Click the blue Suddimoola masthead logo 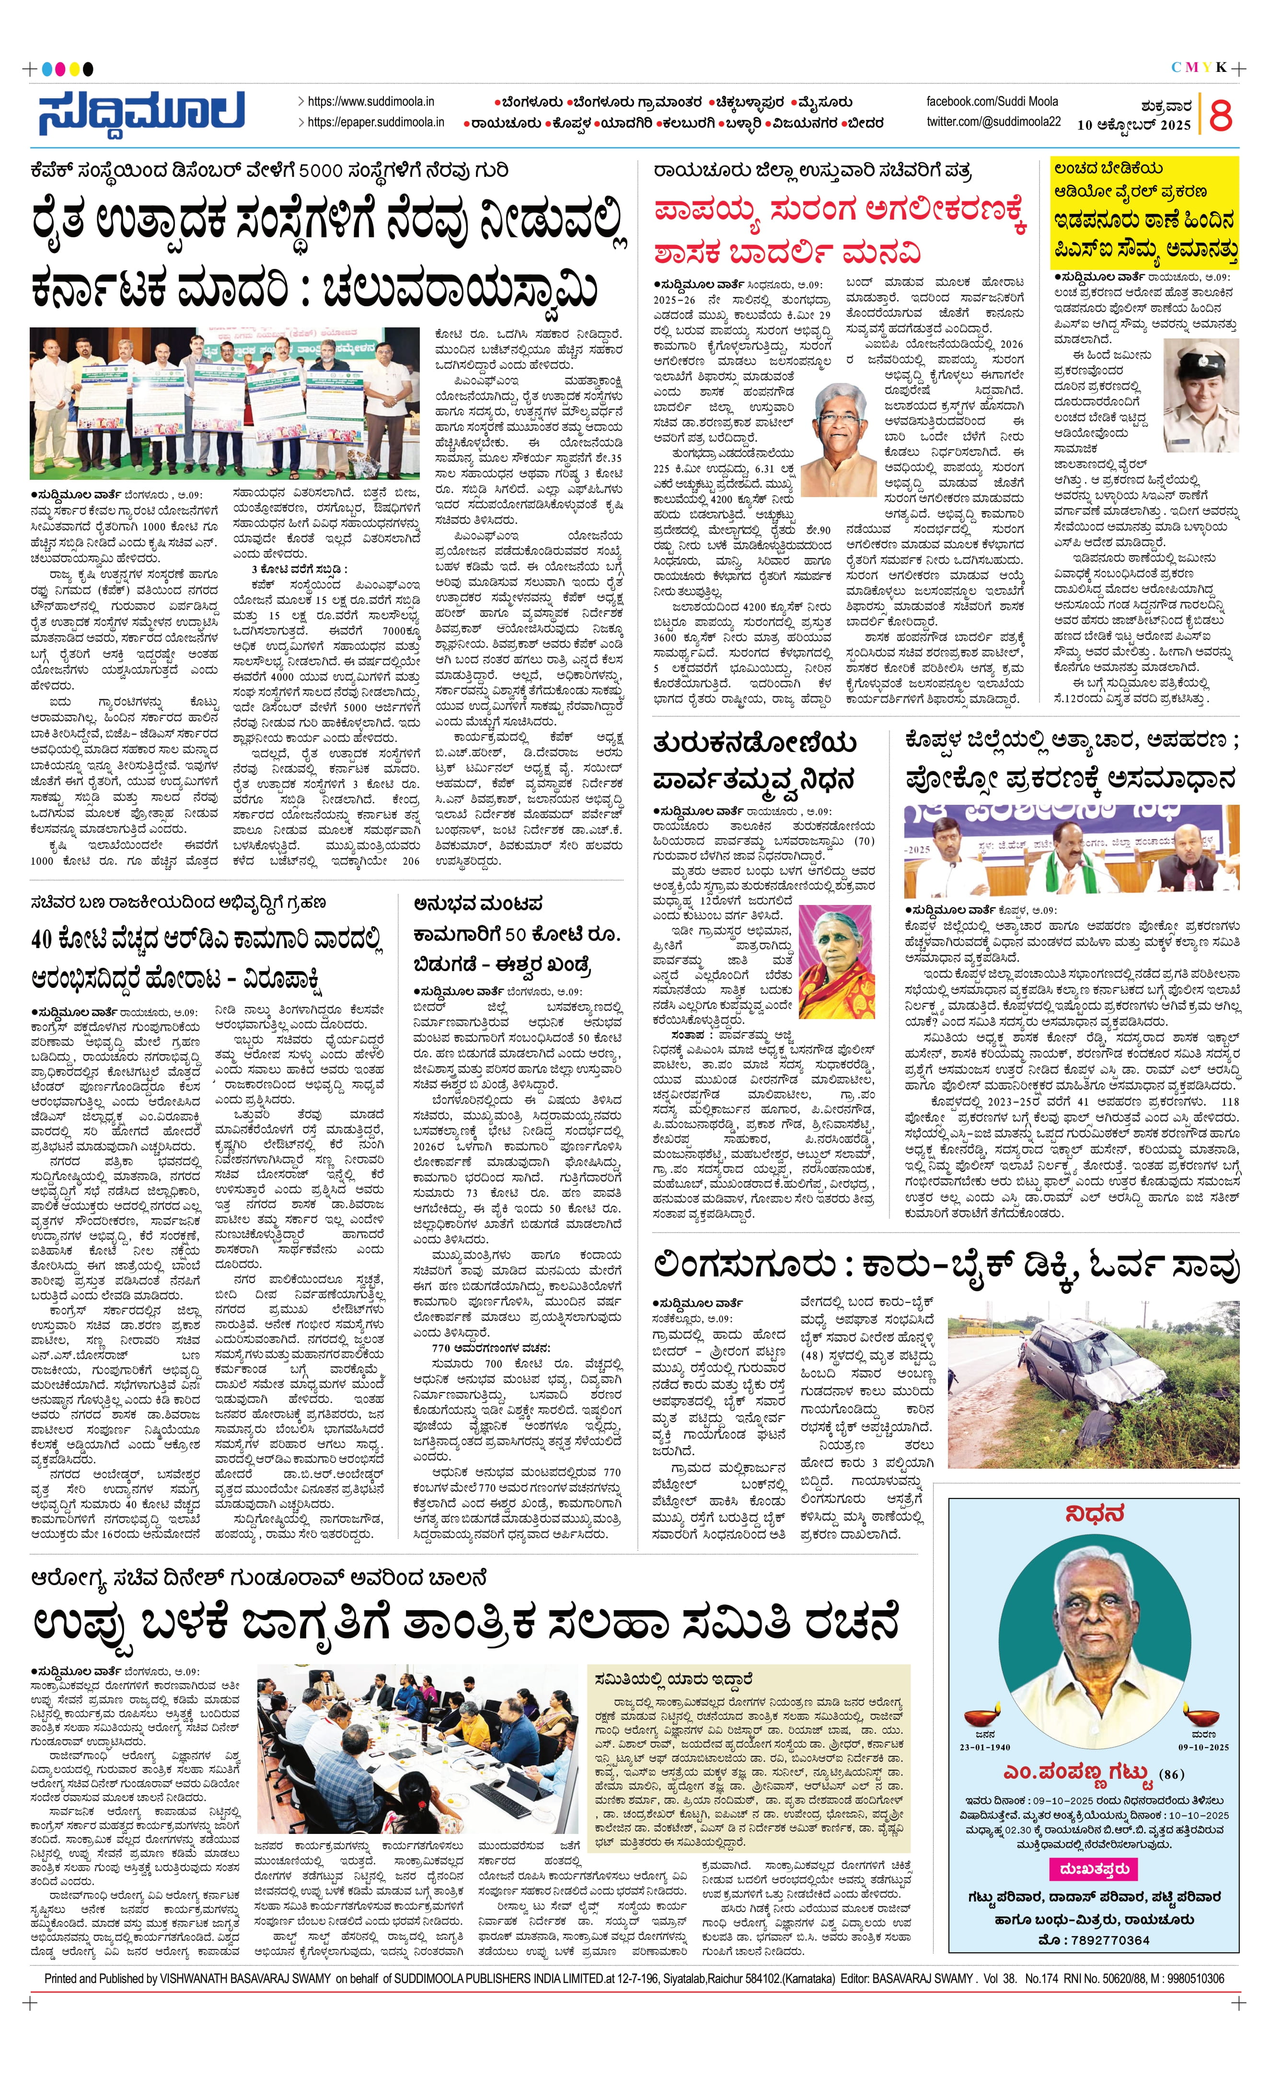coord(141,112)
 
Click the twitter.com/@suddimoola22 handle coord(994,121)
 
